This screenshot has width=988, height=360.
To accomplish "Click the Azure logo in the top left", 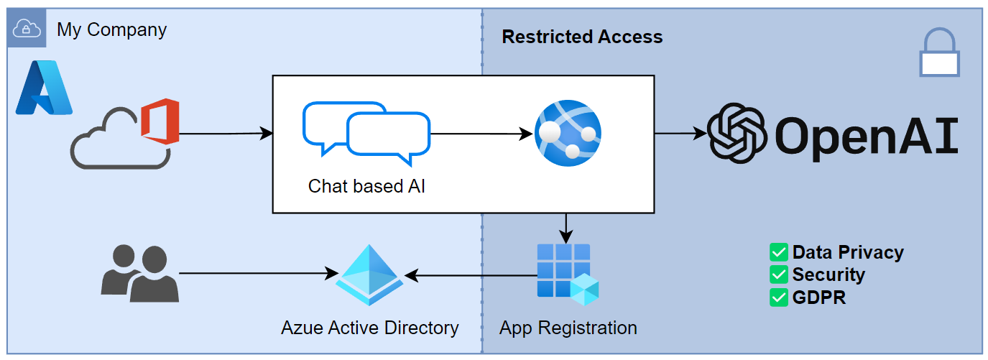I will click(44, 88).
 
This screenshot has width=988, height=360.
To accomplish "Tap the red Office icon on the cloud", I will click(160, 122).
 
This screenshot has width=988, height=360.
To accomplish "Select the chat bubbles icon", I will click(366, 130).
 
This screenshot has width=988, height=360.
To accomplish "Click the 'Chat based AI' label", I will click(366, 186).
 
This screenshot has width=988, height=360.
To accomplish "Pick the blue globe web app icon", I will click(568, 134).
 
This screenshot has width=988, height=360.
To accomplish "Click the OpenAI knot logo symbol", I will click(738, 134).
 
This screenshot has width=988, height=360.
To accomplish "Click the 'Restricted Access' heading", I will click(582, 37).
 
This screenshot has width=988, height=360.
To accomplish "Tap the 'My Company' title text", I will click(111, 30).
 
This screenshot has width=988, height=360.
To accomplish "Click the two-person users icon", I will click(139, 273).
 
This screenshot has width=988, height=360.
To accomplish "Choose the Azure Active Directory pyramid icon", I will click(370, 276).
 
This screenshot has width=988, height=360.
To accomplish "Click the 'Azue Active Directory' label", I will click(369, 328).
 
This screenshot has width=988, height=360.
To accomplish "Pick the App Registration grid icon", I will click(568, 274).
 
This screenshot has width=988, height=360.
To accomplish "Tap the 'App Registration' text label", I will click(568, 328).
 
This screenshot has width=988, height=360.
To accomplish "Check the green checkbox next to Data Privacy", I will click(779, 253).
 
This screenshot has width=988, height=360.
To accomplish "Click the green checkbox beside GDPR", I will click(779, 297).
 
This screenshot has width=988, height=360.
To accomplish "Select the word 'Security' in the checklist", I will click(828, 274).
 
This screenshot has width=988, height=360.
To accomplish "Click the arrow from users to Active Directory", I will click(259, 274).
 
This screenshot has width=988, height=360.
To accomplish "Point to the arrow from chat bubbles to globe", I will click(481, 134).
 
